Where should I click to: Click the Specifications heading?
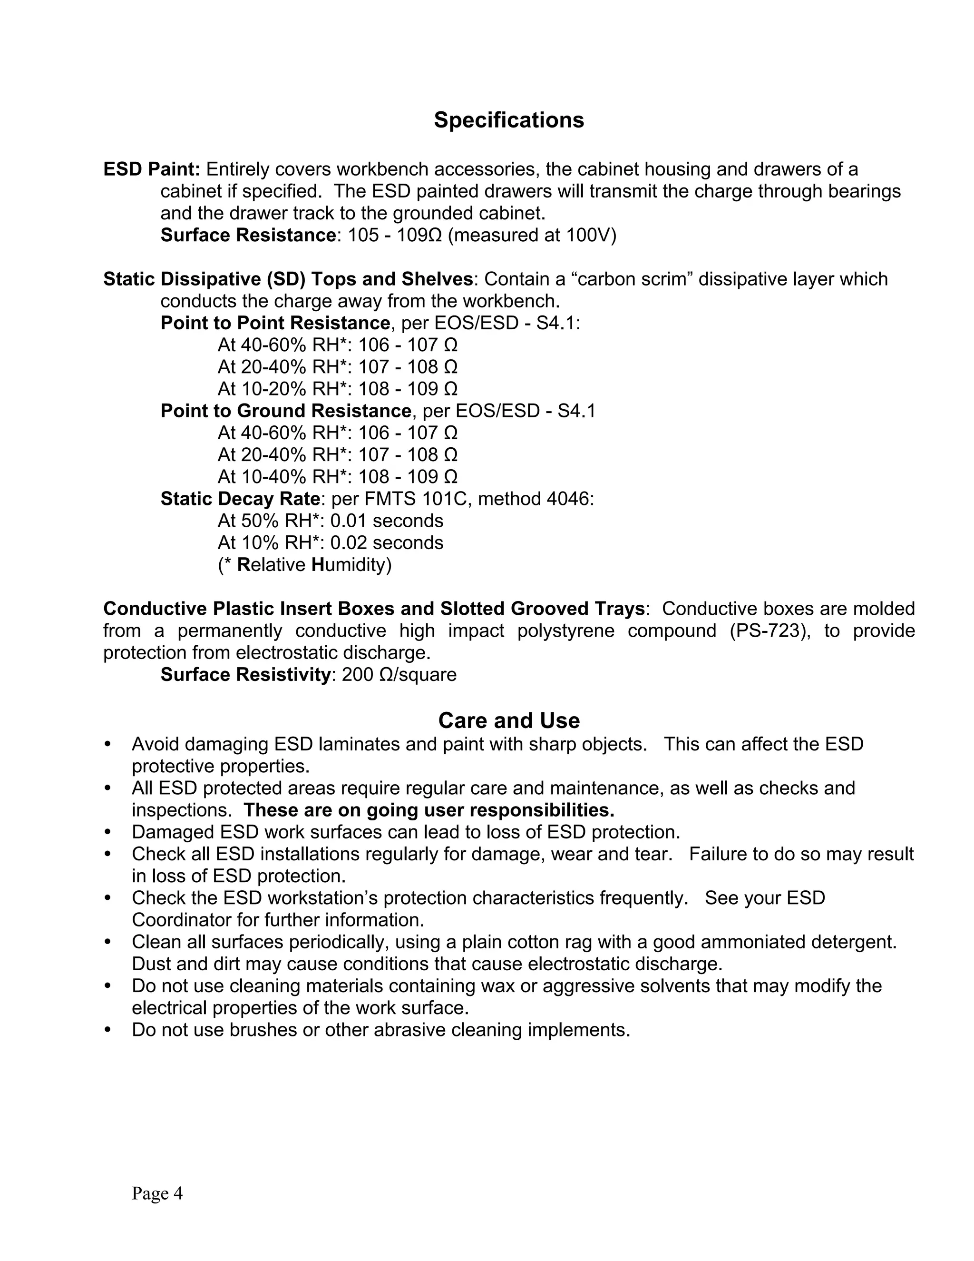pos(508,120)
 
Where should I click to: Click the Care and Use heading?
pos(508,720)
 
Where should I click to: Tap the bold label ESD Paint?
pos(152,169)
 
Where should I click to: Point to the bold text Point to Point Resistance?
pos(275,323)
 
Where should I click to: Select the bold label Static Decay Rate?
pos(240,499)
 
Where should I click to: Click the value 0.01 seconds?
pos(387,521)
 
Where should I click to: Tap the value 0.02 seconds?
pos(387,543)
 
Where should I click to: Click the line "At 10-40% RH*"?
pos(283,477)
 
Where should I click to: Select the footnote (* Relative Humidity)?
pos(305,565)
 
